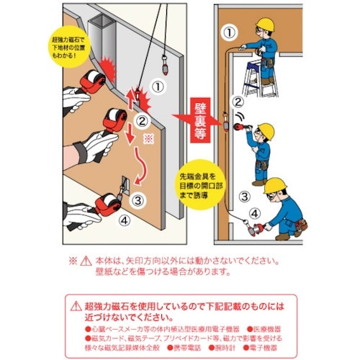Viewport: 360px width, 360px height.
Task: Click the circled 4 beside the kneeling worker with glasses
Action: [253, 213]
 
